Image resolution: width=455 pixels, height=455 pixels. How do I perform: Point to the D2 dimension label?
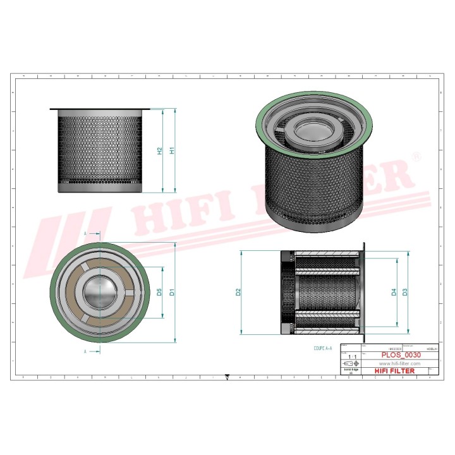238,292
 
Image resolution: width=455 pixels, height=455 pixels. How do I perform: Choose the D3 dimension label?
404,292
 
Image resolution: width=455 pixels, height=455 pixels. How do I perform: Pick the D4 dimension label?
394,292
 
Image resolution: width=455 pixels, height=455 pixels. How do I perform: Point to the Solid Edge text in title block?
351,371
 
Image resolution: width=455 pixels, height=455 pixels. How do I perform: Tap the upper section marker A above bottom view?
85,233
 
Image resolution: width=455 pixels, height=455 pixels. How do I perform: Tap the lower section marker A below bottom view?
85,350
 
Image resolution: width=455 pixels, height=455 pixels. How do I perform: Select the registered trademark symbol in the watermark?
416,155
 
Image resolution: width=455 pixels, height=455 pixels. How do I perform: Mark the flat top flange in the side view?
102,108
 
